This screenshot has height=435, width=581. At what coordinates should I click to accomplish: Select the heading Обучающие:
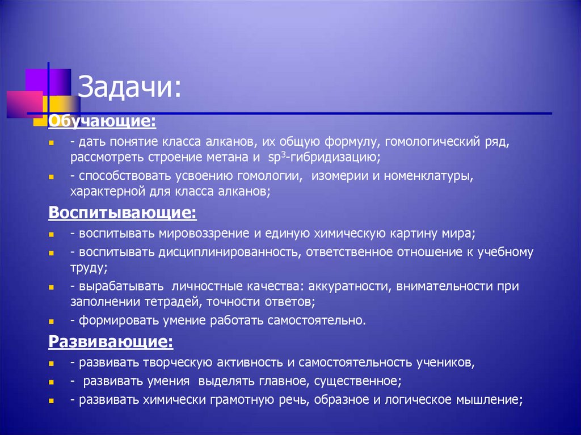click(x=102, y=121)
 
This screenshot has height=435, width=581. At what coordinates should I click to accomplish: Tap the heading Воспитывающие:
click(x=123, y=213)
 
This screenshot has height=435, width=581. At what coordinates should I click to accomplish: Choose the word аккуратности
click(x=335, y=286)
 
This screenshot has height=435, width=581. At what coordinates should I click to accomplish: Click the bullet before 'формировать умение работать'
click(x=51, y=321)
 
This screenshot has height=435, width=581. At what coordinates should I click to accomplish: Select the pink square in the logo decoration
click(x=24, y=103)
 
